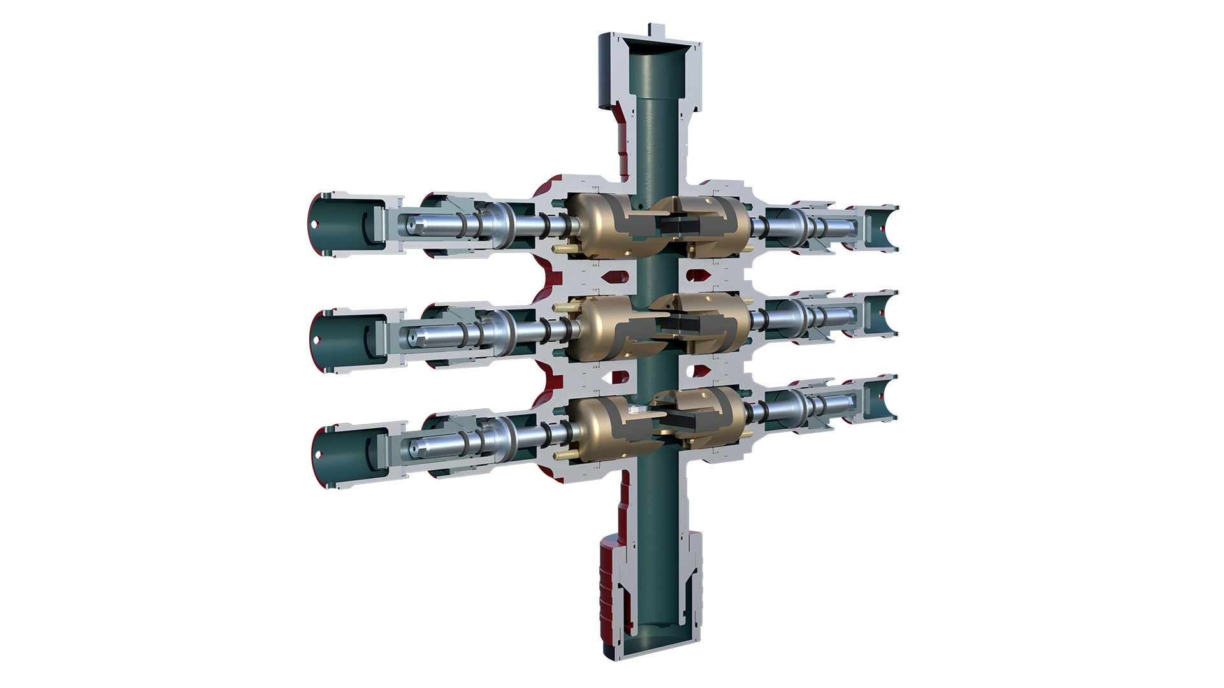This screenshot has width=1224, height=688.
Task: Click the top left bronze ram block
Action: pos(596,227)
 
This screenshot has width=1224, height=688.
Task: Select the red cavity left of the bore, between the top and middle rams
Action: pos(616,277)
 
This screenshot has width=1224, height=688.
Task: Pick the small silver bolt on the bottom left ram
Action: pos(635,412)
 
